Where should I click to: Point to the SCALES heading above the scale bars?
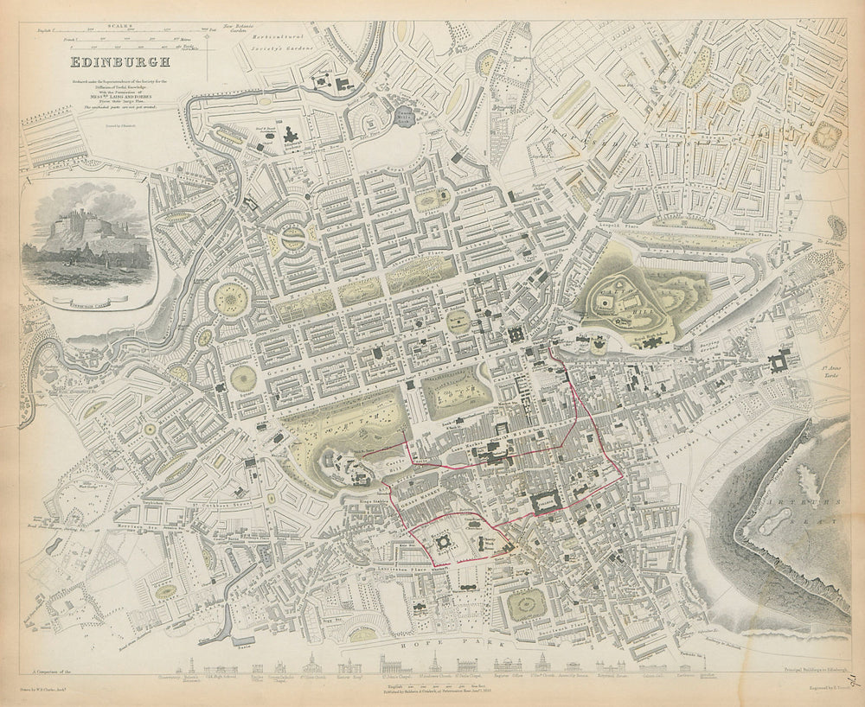[x=120, y=26]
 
